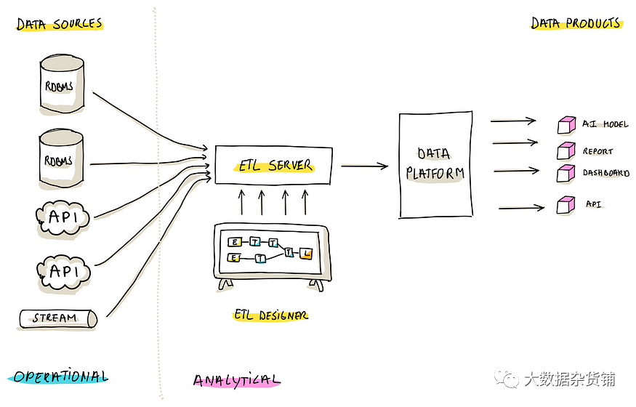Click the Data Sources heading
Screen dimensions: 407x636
tap(60, 24)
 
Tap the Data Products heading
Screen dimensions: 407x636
tap(576, 23)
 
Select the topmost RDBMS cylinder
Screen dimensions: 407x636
tap(60, 86)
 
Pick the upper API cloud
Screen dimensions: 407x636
tap(63, 217)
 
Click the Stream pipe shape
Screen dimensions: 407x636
tap(57, 318)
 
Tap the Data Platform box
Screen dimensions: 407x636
tap(435, 164)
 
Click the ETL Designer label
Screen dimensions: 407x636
tap(270, 315)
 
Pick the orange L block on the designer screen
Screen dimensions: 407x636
tap(307, 253)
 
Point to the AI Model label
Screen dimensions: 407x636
tap(605, 124)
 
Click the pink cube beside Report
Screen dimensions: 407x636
tap(565, 151)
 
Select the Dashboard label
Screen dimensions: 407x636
tap(605, 173)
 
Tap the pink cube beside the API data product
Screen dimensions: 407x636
tap(565, 206)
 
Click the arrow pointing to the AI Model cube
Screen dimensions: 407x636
tap(513, 121)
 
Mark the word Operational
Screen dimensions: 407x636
tap(60, 376)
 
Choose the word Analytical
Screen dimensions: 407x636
tap(236, 380)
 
